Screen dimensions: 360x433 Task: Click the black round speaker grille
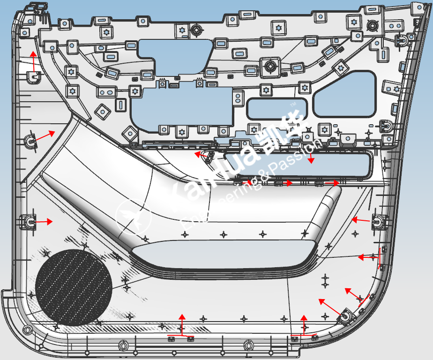click(x=74, y=287)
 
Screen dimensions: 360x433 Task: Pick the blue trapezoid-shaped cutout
click(x=345, y=94)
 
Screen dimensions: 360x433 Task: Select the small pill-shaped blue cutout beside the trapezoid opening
click(x=277, y=109)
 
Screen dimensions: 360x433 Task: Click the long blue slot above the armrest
click(x=298, y=165)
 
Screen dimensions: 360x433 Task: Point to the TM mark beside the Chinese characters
click(x=293, y=104)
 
